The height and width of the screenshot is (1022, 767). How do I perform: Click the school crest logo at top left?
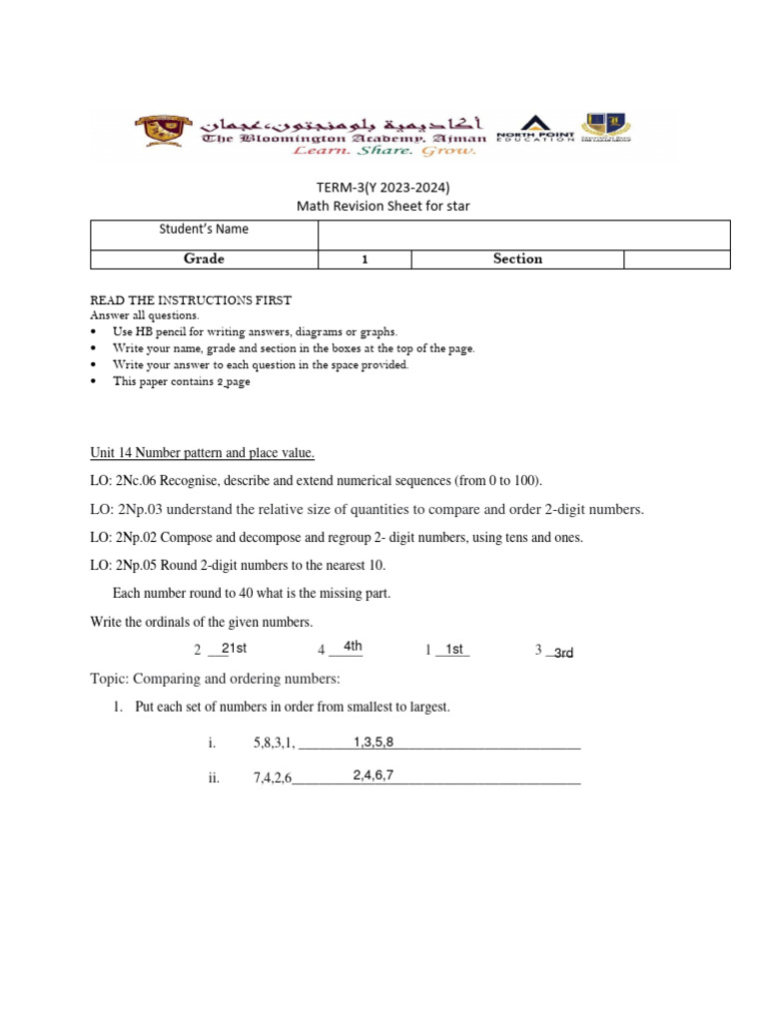click(x=160, y=133)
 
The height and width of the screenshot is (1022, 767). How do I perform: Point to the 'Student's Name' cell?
click(x=204, y=230)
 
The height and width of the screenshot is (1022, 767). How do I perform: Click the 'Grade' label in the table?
click(x=204, y=258)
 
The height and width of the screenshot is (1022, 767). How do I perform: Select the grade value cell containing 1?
click(x=365, y=258)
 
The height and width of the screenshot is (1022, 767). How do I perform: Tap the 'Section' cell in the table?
click(x=517, y=258)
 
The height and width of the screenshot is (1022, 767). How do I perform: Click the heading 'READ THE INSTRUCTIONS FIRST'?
click(x=191, y=300)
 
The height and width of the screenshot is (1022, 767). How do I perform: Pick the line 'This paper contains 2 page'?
click(x=181, y=381)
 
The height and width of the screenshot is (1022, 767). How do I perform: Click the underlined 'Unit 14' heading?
click(x=203, y=453)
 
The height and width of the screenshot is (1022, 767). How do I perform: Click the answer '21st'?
click(x=234, y=649)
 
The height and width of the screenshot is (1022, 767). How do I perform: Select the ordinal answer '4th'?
click(x=353, y=647)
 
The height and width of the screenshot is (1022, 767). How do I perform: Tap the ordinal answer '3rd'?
click(x=563, y=653)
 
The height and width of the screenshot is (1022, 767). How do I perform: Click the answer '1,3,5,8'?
click(x=374, y=742)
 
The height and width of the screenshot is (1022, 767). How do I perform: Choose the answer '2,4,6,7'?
click(x=374, y=775)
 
